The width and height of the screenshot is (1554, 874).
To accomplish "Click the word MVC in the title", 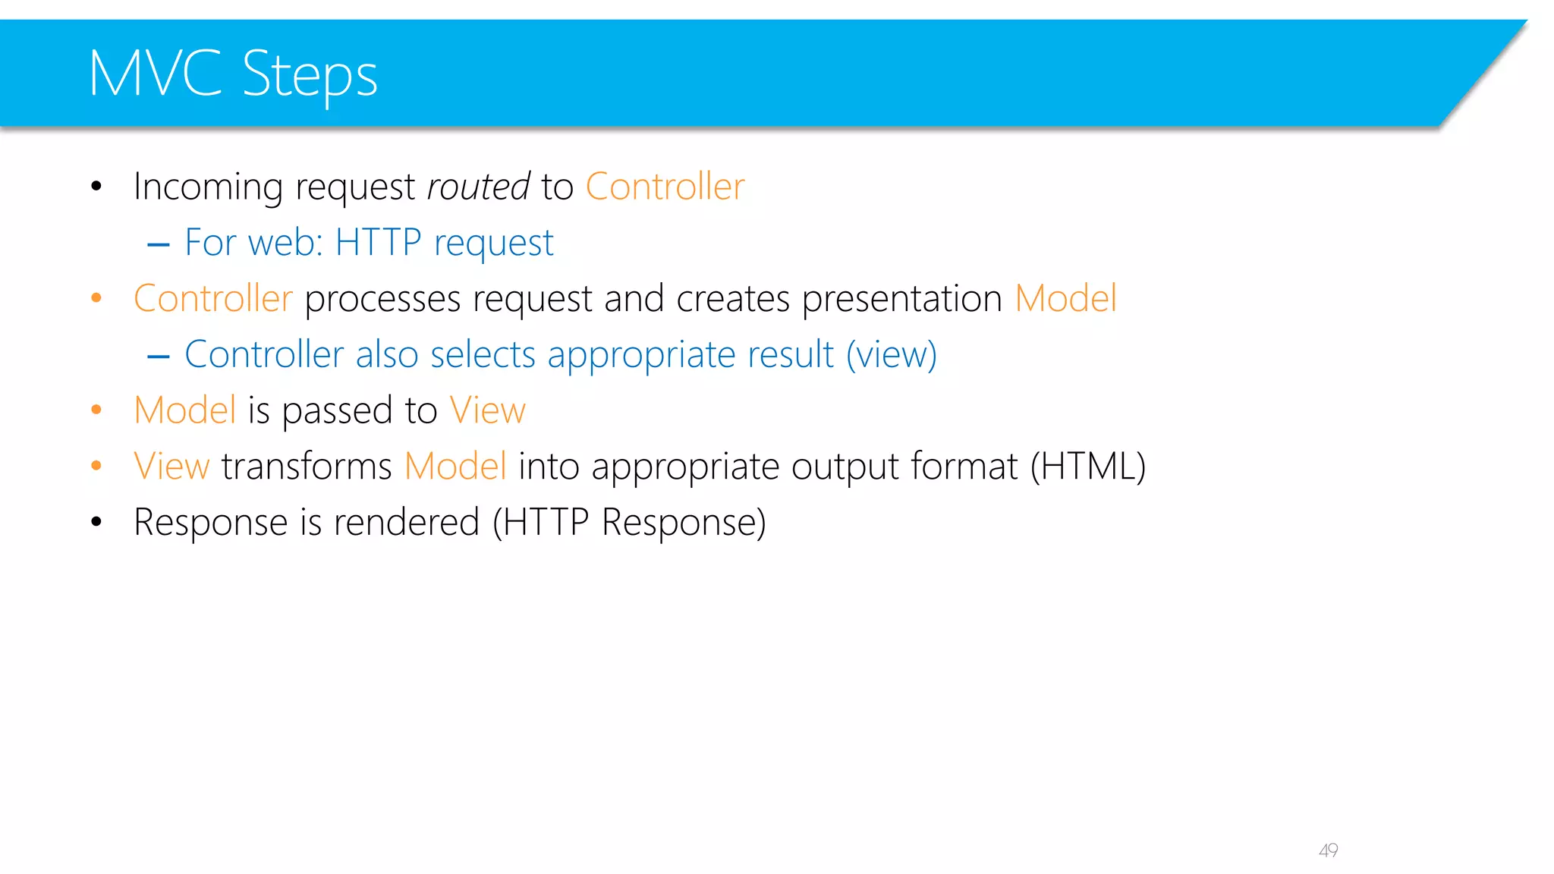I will tap(155, 74).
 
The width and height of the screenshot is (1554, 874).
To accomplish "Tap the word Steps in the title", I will tap(310, 75).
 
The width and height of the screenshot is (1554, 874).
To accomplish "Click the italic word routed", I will tap(478, 187).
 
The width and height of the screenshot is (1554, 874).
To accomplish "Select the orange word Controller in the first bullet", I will tap(665, 187).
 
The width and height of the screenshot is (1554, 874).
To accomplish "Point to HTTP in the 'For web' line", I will tap(378, 243).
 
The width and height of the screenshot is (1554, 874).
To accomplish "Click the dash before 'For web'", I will tap(159, 244).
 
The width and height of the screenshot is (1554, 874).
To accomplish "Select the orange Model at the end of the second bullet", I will tap(1065, 298).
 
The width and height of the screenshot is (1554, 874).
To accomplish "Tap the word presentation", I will tap(902, 299).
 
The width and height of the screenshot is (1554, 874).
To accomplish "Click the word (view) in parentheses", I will tap(892, 355).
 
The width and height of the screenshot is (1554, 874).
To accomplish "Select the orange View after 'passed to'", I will tap(487, 410).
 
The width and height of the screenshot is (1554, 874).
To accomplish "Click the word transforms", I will tap(307, 466).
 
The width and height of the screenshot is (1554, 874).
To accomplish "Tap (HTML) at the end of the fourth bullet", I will tap(1087, 466).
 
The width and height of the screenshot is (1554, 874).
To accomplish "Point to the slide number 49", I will tap(1328, 850).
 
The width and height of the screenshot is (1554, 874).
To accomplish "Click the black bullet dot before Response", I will tap(96, 522).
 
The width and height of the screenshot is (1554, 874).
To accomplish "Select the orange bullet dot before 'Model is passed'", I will tap(96, 410).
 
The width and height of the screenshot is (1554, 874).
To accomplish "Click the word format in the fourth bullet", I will tap(964, 466).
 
